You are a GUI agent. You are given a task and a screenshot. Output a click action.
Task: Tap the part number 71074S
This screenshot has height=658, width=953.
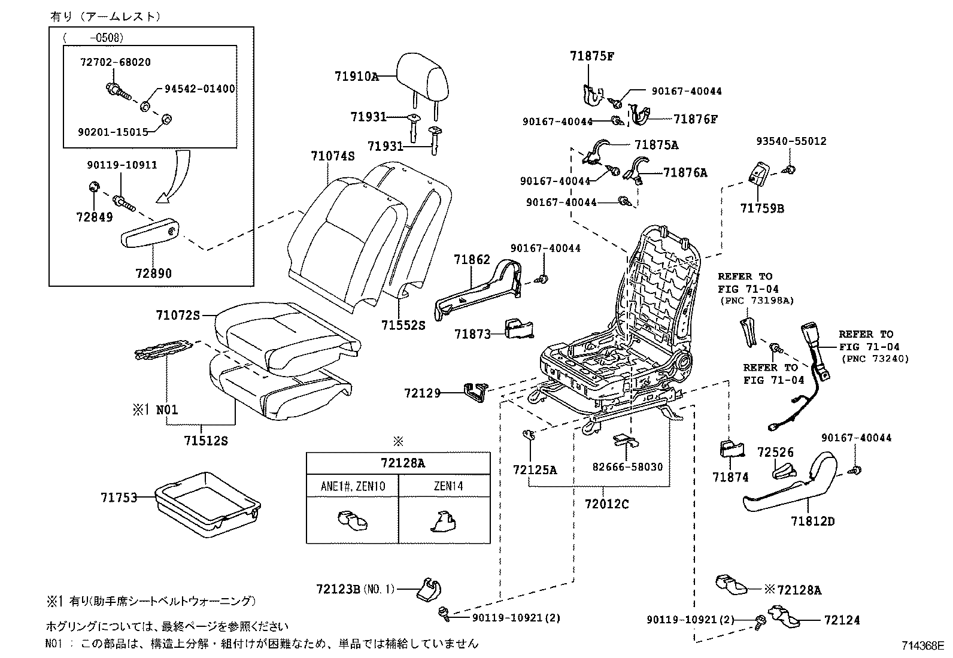click(333, 156)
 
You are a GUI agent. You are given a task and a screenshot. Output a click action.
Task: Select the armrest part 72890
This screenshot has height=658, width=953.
click(150, 233)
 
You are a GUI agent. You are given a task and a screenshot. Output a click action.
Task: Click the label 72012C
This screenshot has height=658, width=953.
click(606, 504)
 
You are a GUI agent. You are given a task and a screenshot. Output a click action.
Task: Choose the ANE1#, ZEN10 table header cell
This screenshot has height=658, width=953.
click(353, 486)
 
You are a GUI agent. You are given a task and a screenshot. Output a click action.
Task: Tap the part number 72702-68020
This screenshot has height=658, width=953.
click(116, 62)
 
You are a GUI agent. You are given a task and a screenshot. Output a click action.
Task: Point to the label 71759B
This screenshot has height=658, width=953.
click(762, 208)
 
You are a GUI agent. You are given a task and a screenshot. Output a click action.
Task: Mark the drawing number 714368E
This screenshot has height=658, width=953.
click(922, 645)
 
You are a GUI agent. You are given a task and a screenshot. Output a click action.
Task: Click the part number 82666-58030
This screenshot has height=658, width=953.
click(627, 467)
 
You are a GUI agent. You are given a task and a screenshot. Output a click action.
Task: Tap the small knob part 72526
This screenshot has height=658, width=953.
click(784, 472)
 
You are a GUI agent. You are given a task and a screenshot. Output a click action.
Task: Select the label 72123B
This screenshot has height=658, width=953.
click(338, 589)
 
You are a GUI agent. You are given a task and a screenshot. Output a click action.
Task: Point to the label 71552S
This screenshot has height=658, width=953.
click(403, 326)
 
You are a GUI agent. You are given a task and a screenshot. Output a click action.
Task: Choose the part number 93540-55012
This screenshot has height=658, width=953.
click(791, 141)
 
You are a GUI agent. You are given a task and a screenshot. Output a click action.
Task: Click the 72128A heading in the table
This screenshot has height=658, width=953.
click(402, 463)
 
